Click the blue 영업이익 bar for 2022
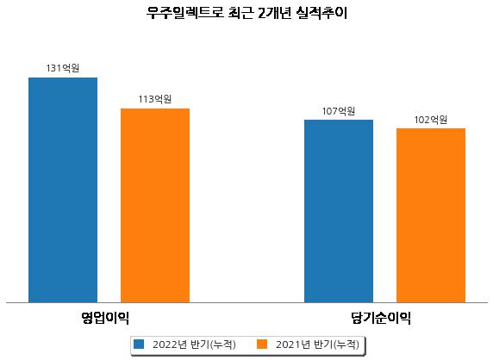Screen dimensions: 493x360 point(63,190)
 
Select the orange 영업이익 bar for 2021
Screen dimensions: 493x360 point(155,206)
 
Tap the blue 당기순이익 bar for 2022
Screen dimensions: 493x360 point(339,211)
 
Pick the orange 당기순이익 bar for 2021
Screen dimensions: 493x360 point(431,215)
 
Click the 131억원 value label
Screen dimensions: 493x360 point(63,68)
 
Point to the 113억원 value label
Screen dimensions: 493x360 point(155,99)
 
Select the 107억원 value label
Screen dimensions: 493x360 point(339,111)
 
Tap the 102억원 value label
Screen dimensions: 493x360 point(431,120)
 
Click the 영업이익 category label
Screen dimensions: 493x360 point(105,318)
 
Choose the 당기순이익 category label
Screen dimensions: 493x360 point(381,318)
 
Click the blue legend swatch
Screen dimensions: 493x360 point(139,344)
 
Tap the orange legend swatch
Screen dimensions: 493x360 point(262,344)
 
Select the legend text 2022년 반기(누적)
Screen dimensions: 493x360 point(194,344)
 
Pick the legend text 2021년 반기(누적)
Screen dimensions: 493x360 point(317,344)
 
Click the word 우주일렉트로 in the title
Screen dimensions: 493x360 point(185,13)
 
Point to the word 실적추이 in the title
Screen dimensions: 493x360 point(321,13)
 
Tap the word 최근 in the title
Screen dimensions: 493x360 point(240,13)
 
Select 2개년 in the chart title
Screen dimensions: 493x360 point(275,13)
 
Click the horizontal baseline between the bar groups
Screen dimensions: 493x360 point(246,303)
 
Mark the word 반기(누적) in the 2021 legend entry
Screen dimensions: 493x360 point(336,344)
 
